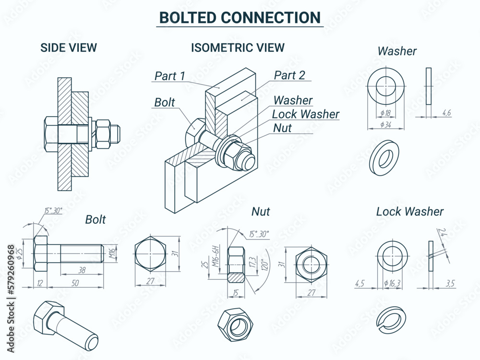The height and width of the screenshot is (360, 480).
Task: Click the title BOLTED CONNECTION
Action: point(240,17)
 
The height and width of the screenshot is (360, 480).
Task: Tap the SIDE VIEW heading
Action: point(69,48)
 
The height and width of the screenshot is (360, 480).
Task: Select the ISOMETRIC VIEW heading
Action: point(238,48)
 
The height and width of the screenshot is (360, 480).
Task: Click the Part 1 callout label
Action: point(169,76)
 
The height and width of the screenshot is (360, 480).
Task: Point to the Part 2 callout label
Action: point(289,75)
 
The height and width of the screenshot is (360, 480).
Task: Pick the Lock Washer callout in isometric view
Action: point(305,114)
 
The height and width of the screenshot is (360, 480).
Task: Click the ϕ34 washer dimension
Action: point(385,125)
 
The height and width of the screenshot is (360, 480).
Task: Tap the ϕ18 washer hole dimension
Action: point(385,113)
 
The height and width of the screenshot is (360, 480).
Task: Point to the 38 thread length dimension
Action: point(82,270)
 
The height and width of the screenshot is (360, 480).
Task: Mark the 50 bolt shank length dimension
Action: point(74,284)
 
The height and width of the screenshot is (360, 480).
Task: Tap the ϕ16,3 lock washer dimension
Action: point(392,284)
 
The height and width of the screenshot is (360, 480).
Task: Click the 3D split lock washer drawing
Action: point(391,320)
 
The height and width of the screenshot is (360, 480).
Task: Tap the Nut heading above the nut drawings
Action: point(261,211)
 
